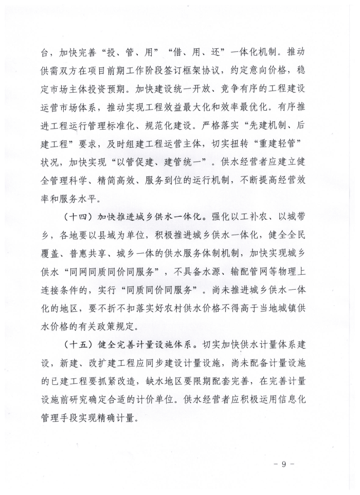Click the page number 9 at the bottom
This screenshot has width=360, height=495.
(282, 465)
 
